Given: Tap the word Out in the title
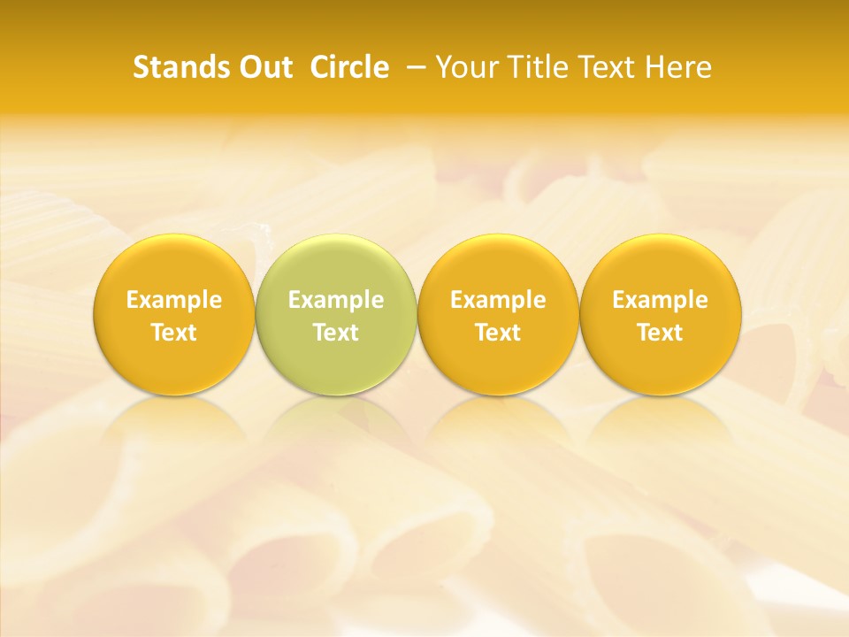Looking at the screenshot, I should coord(264,67).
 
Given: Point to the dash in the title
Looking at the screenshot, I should coord(413,67).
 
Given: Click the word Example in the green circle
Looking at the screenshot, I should coord(336,300).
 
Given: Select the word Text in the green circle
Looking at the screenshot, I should coord(336,333).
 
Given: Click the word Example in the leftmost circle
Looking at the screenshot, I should coord(174,300).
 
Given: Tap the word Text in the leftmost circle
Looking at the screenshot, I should coord(174,333).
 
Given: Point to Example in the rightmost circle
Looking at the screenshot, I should coord(660,300).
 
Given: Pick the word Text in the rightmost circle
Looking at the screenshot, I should coord(660,333).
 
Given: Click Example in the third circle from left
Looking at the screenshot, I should coord(498,300).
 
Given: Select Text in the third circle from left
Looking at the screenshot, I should coord(498,333).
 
